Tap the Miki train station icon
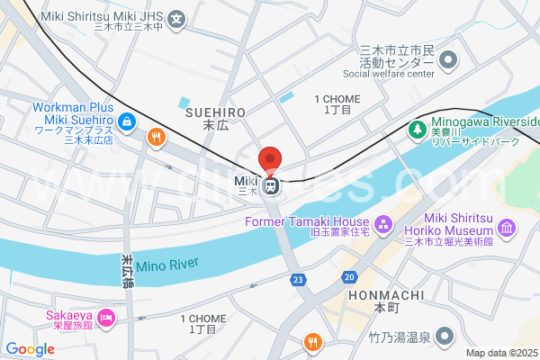click(x=271, y=186)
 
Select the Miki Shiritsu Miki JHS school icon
click(x=178, y=18)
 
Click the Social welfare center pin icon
click(x=447, y=60)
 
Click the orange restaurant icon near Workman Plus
click(x=156, y=137)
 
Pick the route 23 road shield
click(x=297, y=280)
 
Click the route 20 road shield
click(x=349, y=276)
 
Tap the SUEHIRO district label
click(x=215, y=112)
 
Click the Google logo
click(x=30, y=348)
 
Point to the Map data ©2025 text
click(x=501, y=353)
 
